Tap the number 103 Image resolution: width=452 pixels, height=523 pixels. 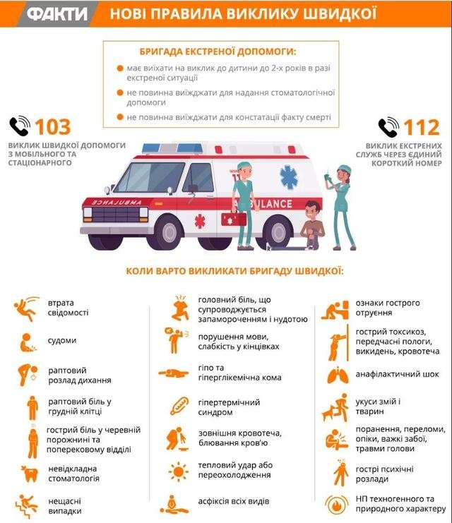pos(52,127)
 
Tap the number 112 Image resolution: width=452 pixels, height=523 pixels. pos(422,127)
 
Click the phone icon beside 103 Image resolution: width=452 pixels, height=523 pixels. pos(19,127)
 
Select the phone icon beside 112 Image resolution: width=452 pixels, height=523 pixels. pos(388,127)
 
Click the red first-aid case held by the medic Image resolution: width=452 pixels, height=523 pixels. pos(233,218)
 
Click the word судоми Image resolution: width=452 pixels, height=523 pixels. pos(61,341)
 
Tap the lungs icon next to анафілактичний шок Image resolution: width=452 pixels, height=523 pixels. pos(337,375)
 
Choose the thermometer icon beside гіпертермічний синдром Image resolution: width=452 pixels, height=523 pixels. pos(177,407)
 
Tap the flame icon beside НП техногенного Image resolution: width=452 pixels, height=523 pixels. pos(337,504)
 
